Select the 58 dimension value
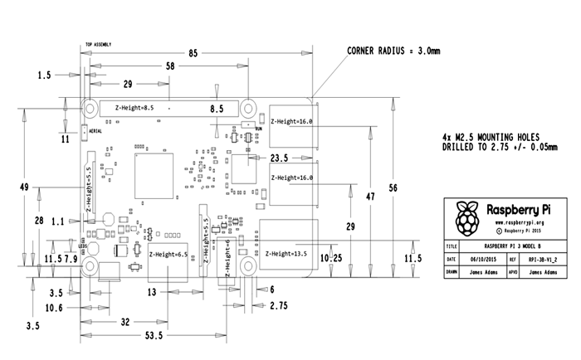(x=170, y=66)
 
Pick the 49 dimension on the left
(x=25, y=186)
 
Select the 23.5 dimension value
(x=280, y=158)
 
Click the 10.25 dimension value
(x=331, y=258)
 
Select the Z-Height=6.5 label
(x=168, y=255)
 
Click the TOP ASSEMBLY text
(x=99, y=45)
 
